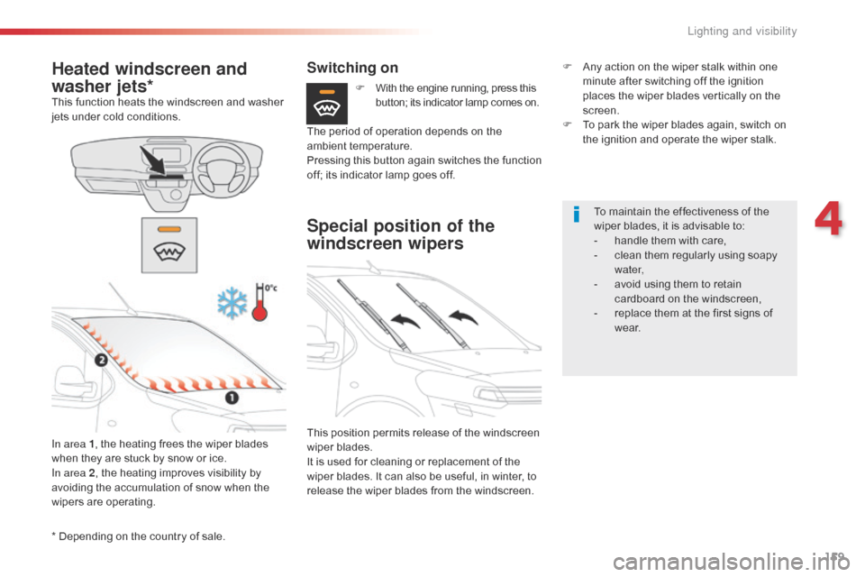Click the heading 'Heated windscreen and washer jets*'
click(x=149, y=77)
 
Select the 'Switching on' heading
click(x=352, y=68)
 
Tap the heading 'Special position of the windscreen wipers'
click(x=400, y=234)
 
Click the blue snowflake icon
click(x=232, y=304)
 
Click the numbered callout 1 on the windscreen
click(x=231, y=398)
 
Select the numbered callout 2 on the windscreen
click(x=101, y=361)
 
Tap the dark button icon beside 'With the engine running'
click(x=326, y=103)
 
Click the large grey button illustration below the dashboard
click(x=168, y=245)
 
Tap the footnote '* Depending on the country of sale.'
click(x=139, y=536)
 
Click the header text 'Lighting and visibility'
click(x=742, y=32)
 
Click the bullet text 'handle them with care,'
click(x=669, y=241)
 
